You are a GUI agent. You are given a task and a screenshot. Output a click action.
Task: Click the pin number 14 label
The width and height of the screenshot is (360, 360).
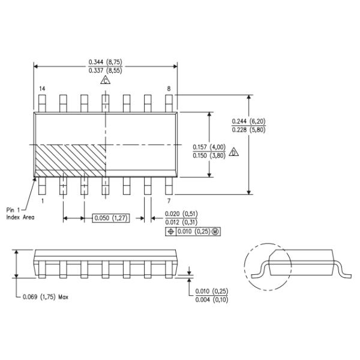pos(42,89)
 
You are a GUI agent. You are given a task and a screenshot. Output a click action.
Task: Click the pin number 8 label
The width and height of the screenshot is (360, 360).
pos(169,89)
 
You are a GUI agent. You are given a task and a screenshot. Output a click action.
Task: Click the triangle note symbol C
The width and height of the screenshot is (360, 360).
pos(105,80)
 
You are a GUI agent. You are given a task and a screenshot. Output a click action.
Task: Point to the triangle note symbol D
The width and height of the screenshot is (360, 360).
pos(234,152)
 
